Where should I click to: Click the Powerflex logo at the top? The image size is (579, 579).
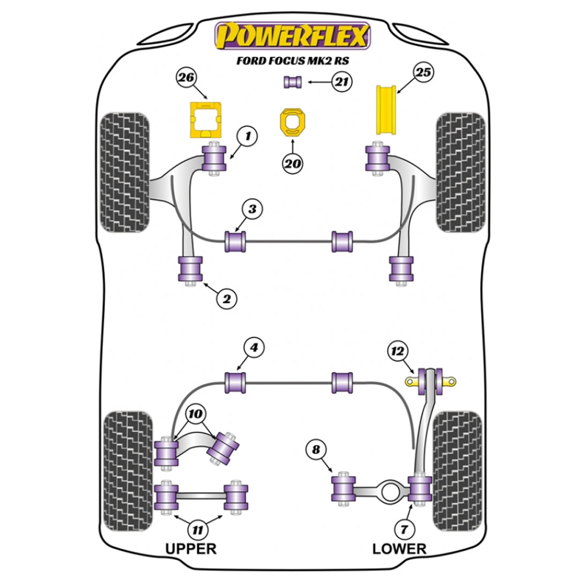(x=292, y=36)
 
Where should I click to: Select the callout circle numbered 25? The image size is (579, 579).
(x=423, y=72)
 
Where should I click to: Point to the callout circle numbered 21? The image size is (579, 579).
(x=342, y=82)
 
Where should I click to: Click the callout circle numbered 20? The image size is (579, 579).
(x=292, y=164)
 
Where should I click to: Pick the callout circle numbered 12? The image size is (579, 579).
(x=397, y=352)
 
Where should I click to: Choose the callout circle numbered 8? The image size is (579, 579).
(x=315, y=450)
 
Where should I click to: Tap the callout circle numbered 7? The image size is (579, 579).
(x=403, y=529)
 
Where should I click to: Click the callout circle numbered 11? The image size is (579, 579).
(x=198, y=531)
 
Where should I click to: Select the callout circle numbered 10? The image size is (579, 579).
(x=196, y=414)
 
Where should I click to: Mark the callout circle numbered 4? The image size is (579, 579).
(x=254, y=347)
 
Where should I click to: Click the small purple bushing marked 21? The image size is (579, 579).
(x=293, y=82)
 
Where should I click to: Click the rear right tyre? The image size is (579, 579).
(x=456, y=469)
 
